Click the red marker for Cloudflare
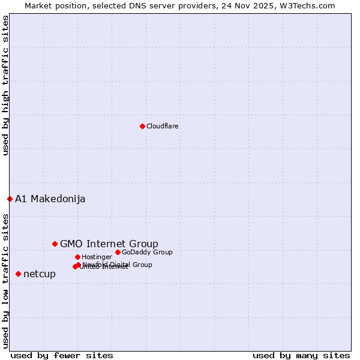point(142,126)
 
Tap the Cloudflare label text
point(163,126)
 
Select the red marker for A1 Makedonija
point(10,199)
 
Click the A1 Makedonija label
point(50,199)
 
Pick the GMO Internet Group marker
point(55,244)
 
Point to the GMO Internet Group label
point(109,244)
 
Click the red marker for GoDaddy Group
point(118,252)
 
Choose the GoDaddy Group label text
point(147,252)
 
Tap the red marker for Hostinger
point(77,257)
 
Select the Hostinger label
point(97,257)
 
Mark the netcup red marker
point(18,274)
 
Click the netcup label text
point(40,274)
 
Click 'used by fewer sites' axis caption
point(62,355)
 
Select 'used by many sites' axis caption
point(301,355)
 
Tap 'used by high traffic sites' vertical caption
point(5,86)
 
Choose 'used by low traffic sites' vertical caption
point(5,281)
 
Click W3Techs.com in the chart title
point(310,5)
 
